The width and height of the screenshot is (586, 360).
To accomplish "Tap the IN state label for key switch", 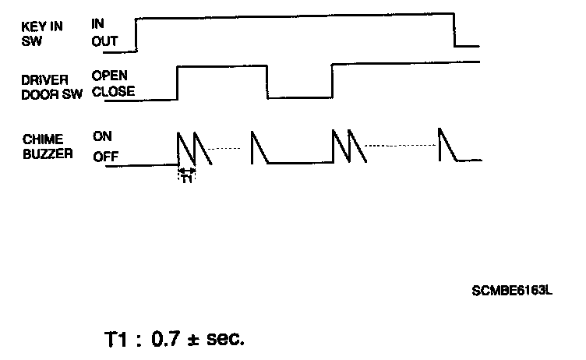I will pos(97,24).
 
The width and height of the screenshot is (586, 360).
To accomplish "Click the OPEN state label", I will pos(109,76).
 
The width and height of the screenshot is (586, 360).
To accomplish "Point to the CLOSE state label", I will pos(113,91).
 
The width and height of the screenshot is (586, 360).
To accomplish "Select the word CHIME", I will pos(39,139).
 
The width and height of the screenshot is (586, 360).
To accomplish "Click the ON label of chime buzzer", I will pos(102,136).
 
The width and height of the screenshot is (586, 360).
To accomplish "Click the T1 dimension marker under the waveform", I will pos(186,177).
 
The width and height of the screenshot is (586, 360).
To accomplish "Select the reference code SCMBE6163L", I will pos(512,291).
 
